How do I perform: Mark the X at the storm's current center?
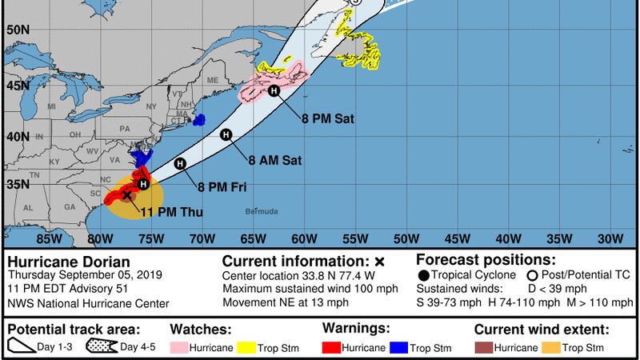(x=126, y=194)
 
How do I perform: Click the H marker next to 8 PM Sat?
(x=274, y=90)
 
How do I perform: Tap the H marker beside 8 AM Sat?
(x=226, y=135)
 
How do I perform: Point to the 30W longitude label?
(x=611, y=238)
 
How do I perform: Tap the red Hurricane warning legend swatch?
(x=333, y=347)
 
